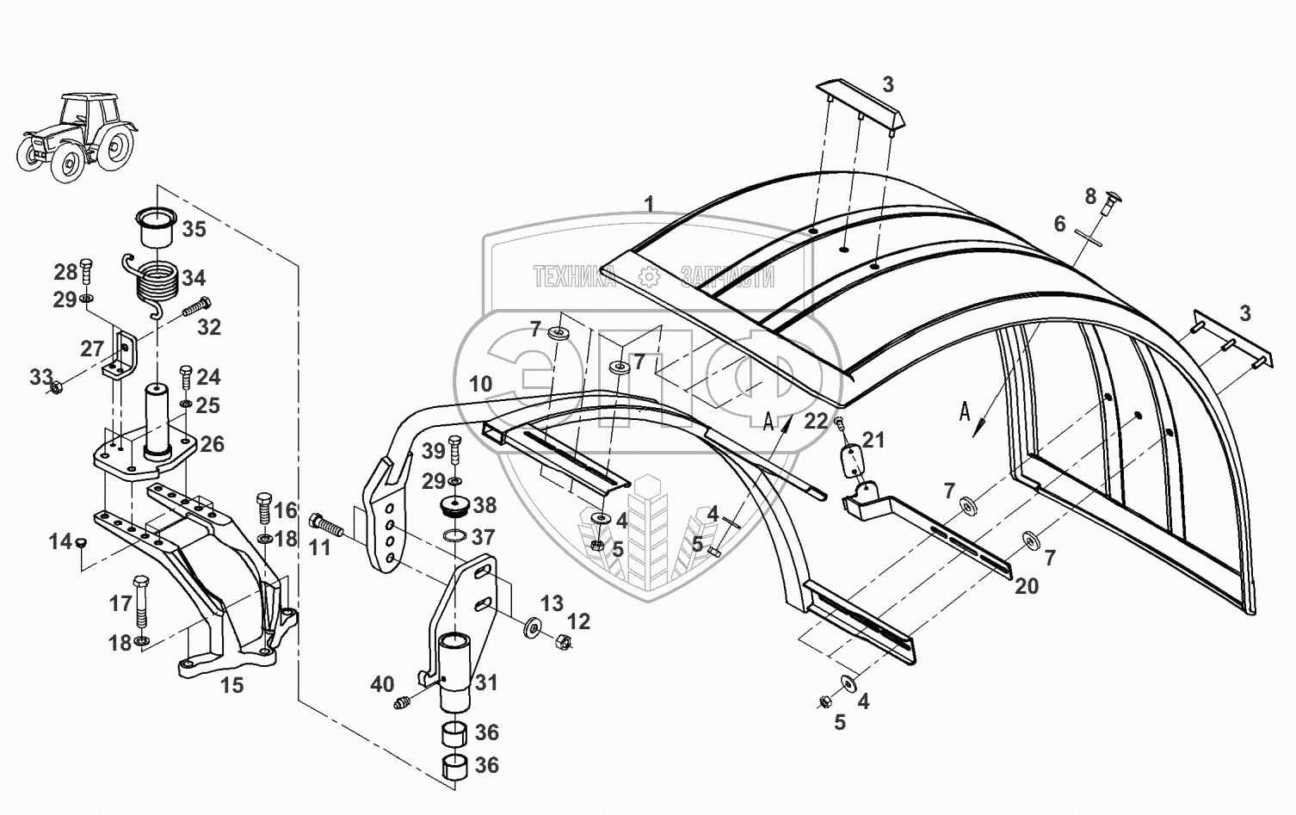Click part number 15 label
(x=231, y=685)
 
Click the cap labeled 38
(x=454, y=508)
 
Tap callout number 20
(x=1027, y=586)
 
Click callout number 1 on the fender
(x=650, y=205)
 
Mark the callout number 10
(x=481, y=384)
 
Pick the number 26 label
(x=212, y=444)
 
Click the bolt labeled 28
(x=86, y=269)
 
